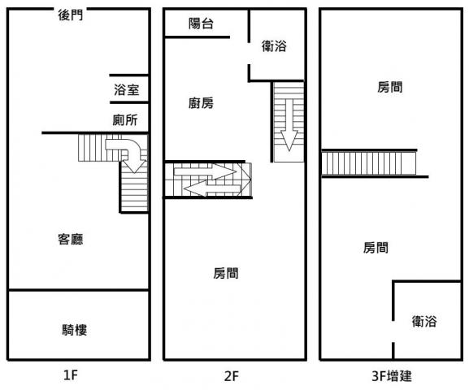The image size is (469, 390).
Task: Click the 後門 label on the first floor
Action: pyautogui.click(x=71, y=15)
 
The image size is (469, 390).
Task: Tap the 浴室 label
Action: pyautogui.click(x=127, y=89)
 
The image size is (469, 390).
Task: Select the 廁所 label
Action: pyautogui.click(x=125, y=120)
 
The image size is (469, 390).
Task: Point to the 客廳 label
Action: pyautogui.click(x=71, y=239)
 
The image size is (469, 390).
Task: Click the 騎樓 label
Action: pyautogui.click(x=75, y=330)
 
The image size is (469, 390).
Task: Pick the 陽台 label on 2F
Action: pyautogui.click(x=201, y=24)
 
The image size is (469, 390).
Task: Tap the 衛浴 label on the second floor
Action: pyautogui.click(x=274, y=46)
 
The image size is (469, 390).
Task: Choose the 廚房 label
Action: pyautogui.click(x=201, y=103)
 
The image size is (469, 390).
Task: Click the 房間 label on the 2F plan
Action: pyautogui.click(x=226, y=273)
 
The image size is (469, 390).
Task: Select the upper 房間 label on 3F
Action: pyautogui.click(x=389, y=87)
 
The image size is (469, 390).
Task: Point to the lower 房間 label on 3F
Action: pyautogui.click(x=376, y=248)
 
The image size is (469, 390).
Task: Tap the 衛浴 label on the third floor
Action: pyautogui.click(x=424, y=321)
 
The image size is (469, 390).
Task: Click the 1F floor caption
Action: pyautogui.click(x=71, y=375)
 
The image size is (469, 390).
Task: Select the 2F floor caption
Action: pyautogui.click(x=232, y=376)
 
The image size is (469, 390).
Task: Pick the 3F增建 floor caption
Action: pyautogui.click(x=392, y=376)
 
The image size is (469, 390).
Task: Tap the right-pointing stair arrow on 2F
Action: pyautogui.click(x=205, y=172)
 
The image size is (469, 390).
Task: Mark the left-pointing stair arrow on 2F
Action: pyautogui.click(x=212, y=189)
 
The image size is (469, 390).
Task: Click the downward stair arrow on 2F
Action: pyautogui.click(x=289, y=125)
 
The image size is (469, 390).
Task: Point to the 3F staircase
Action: pyautogui.click(x=368, y=163)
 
